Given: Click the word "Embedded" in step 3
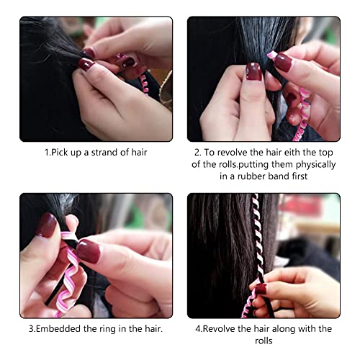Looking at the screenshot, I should [x=63, y=328].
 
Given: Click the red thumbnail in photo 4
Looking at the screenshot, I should [x=260, y=289].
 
